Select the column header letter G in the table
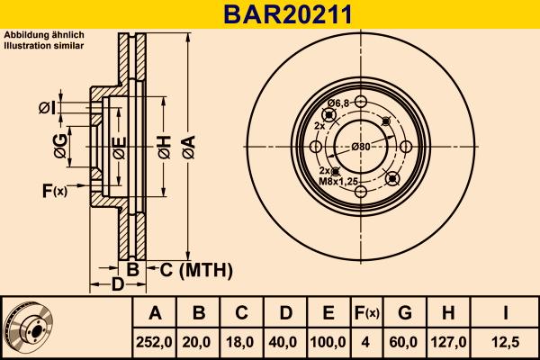pos(405,313)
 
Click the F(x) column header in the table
pos(366,313)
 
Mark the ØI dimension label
pos(47,109)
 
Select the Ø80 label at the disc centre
pos(361,147)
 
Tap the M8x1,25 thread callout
pos(338,179)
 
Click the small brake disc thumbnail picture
pos(27,328)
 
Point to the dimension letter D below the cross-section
pos(116,285)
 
